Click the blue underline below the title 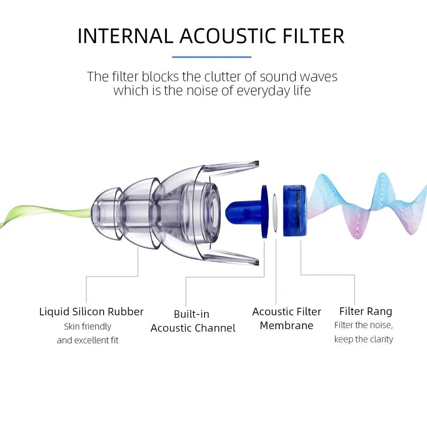click(x=212, y=57)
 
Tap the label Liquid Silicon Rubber click(x=91, y=311)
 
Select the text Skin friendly click(x=88, y=326)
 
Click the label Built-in click(x=191, y=314)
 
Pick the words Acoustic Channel click(x=193, y=328)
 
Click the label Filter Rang click(x=366, y=311)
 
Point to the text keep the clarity click(x=364, y=339)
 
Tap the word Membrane click(x=286, y=326)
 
